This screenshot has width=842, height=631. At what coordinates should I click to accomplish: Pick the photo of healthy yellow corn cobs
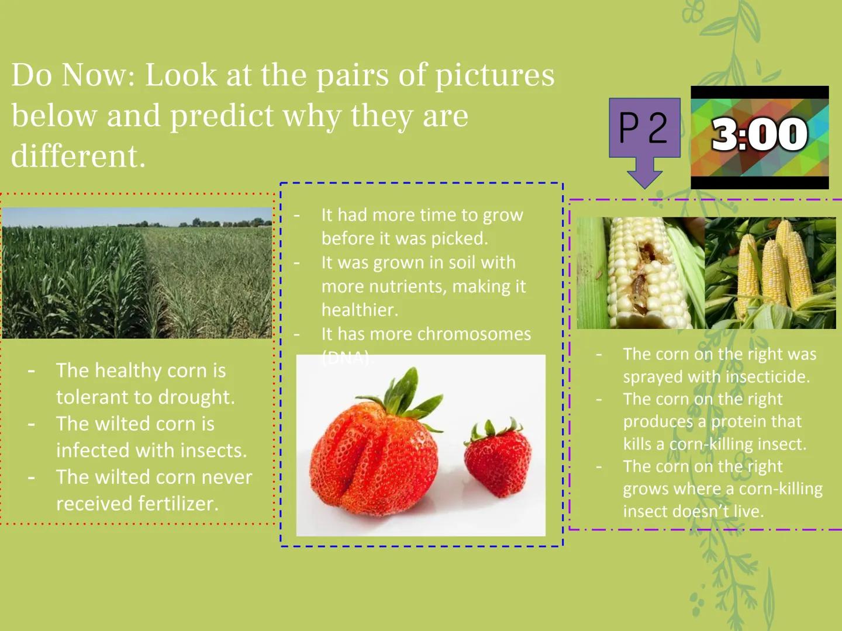coord(771,273)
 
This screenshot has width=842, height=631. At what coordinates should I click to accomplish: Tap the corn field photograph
coord(137,273)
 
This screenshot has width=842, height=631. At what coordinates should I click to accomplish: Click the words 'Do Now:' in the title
coord(73,75)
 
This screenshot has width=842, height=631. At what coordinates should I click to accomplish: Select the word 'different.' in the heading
coord(78,156)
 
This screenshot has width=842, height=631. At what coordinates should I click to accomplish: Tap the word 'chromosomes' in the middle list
coord(474,334)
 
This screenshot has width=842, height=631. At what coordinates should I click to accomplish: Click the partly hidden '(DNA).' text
coord(347,358)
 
